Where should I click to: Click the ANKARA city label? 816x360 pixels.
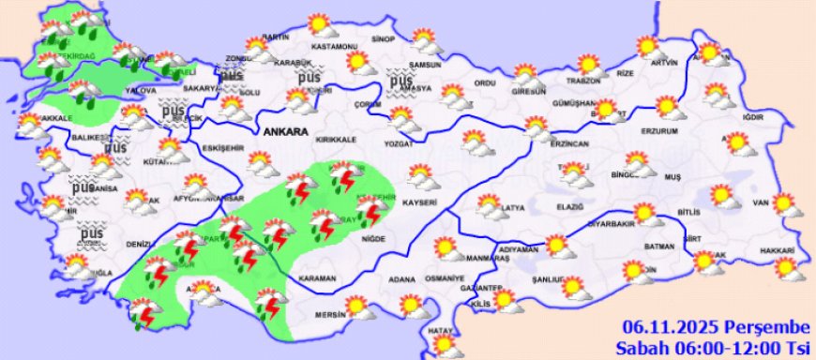pos(286,132)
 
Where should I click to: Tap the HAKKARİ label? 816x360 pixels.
pos(777,251)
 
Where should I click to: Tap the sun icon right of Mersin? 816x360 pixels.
pos(355,307)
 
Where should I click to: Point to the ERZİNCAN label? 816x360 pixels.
pos(543,144)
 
